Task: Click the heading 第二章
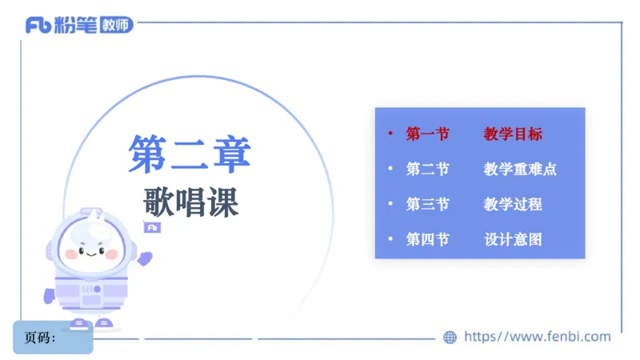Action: [x=190, y=154]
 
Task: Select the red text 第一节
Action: [x=427, y=134]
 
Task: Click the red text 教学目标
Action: [x=513, y=134]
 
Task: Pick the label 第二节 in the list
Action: [x=427, y=170]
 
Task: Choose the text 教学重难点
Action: [x=520, y=170]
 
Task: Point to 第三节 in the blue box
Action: [x=427, y=204]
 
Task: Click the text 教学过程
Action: [x=513, y=204]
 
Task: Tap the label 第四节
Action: [x=427, y=239]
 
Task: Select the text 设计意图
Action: [x=513, y=239]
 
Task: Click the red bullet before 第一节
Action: [x=390, y=134]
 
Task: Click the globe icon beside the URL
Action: [x=450, y=338]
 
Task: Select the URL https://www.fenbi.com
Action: [x=538, y=337]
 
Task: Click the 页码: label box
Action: [x=53, y=338]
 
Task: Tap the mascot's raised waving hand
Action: [x=145, y=258]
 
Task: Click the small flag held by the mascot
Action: [x=151, y=227]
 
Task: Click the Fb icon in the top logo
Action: [x=38, y=26]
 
